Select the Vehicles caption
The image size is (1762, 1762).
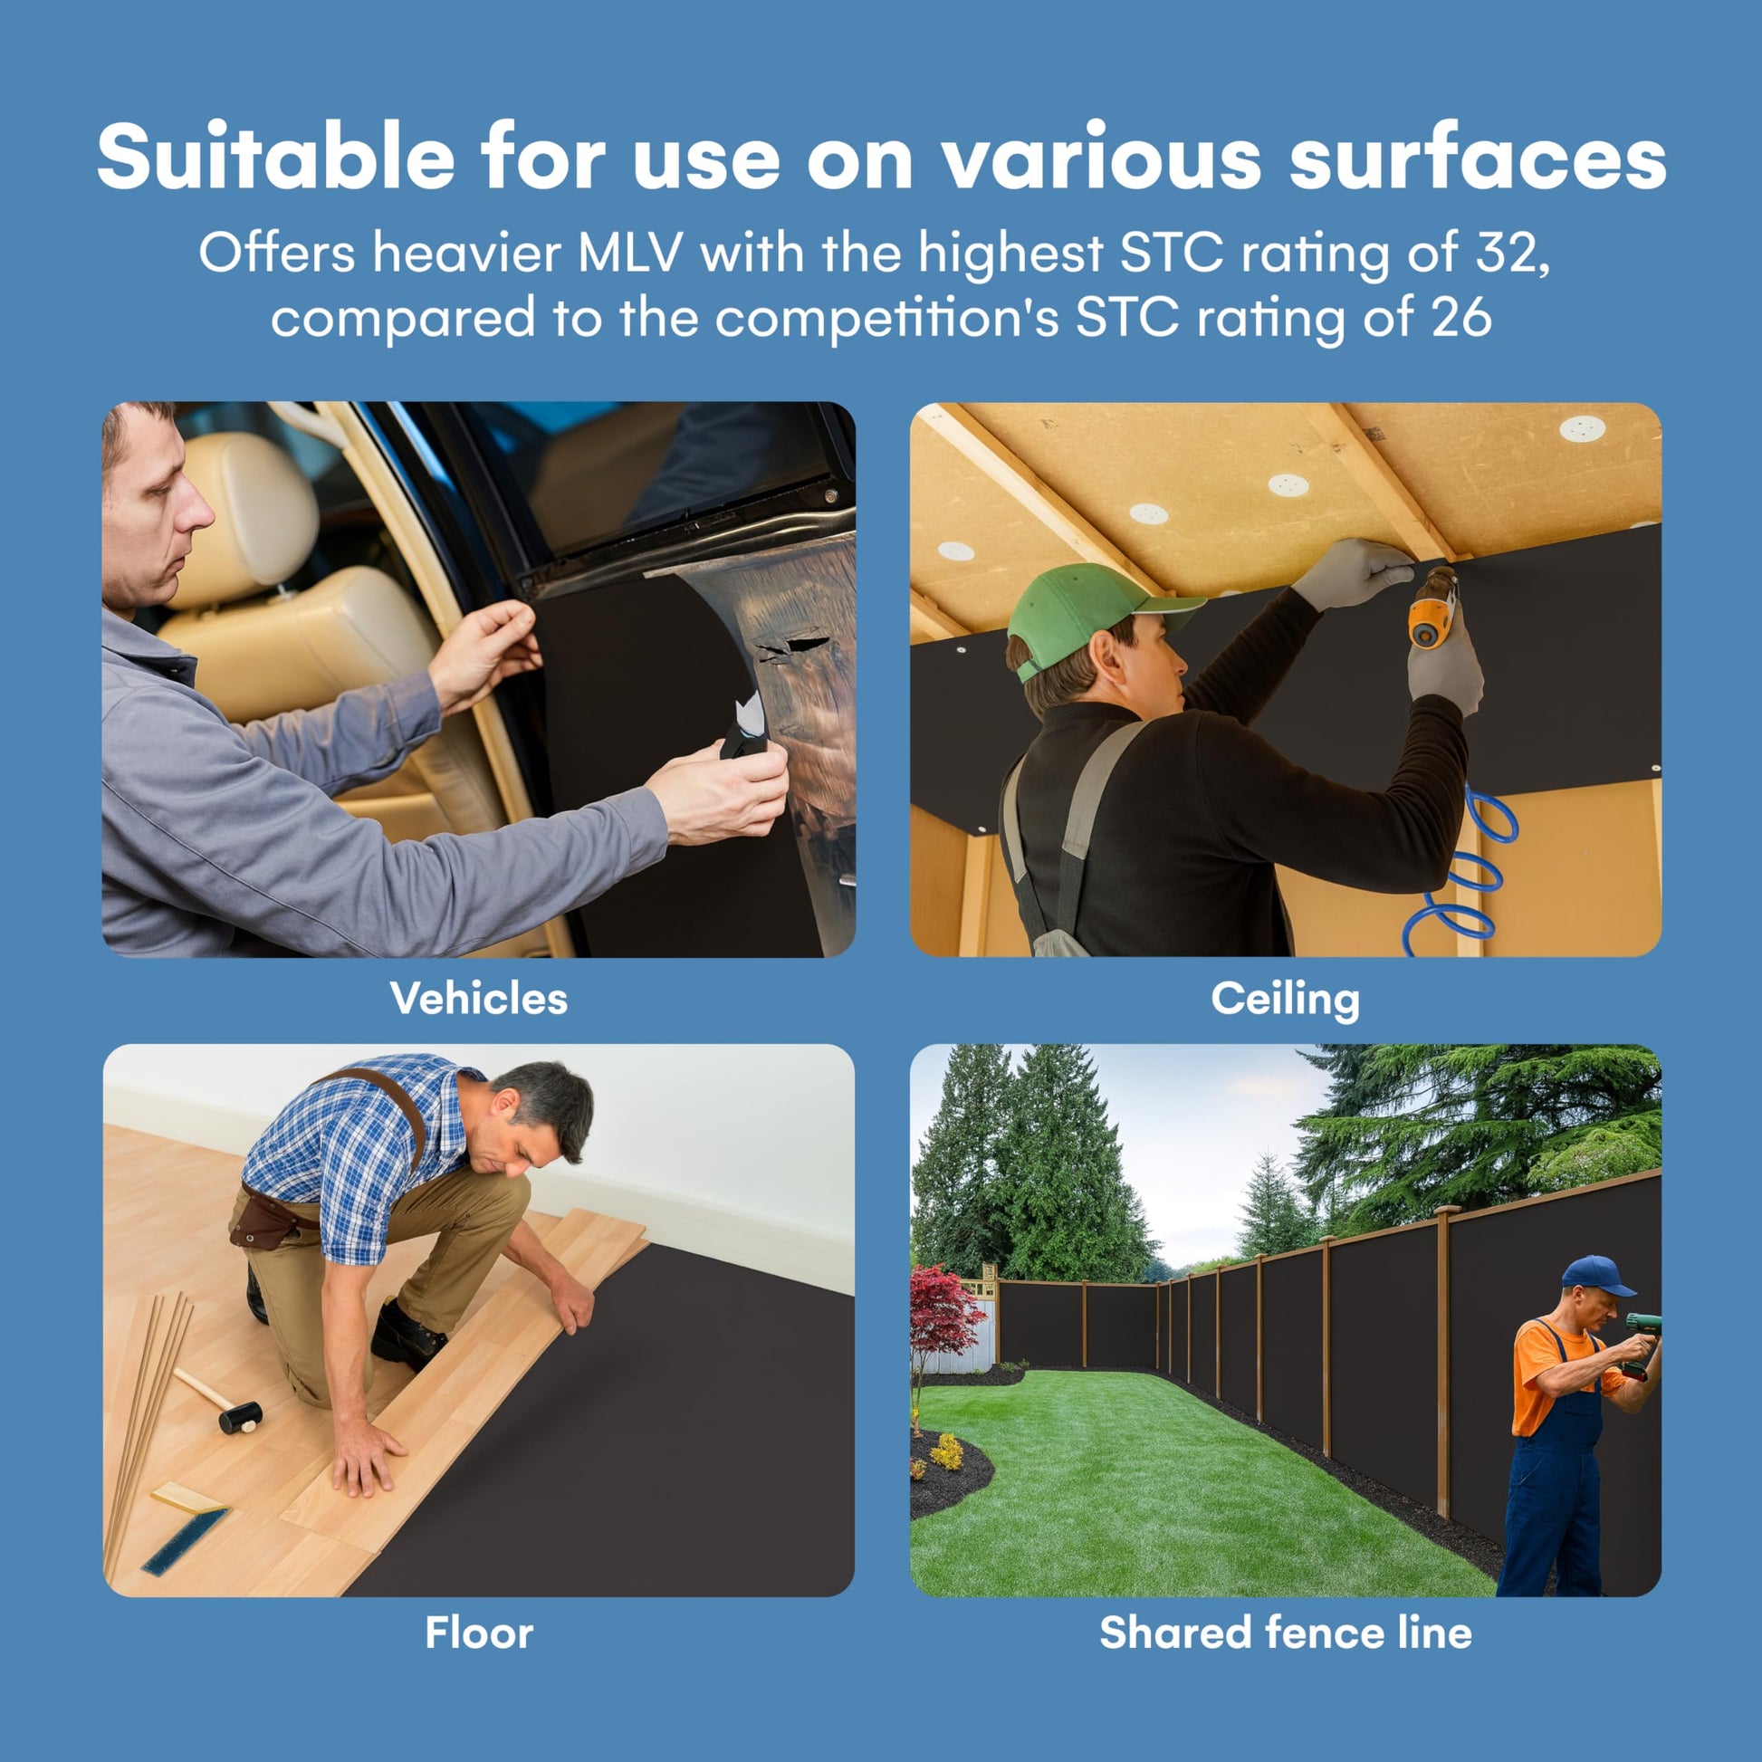pos(479,998)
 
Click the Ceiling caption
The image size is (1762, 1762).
pos(1285,1000)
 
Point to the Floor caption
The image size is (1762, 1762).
pos(479,1633)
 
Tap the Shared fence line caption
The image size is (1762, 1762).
pos(1285,1633)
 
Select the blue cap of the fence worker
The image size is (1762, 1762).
pos(1595,1275)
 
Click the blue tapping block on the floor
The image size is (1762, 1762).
pos(184,1542)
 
